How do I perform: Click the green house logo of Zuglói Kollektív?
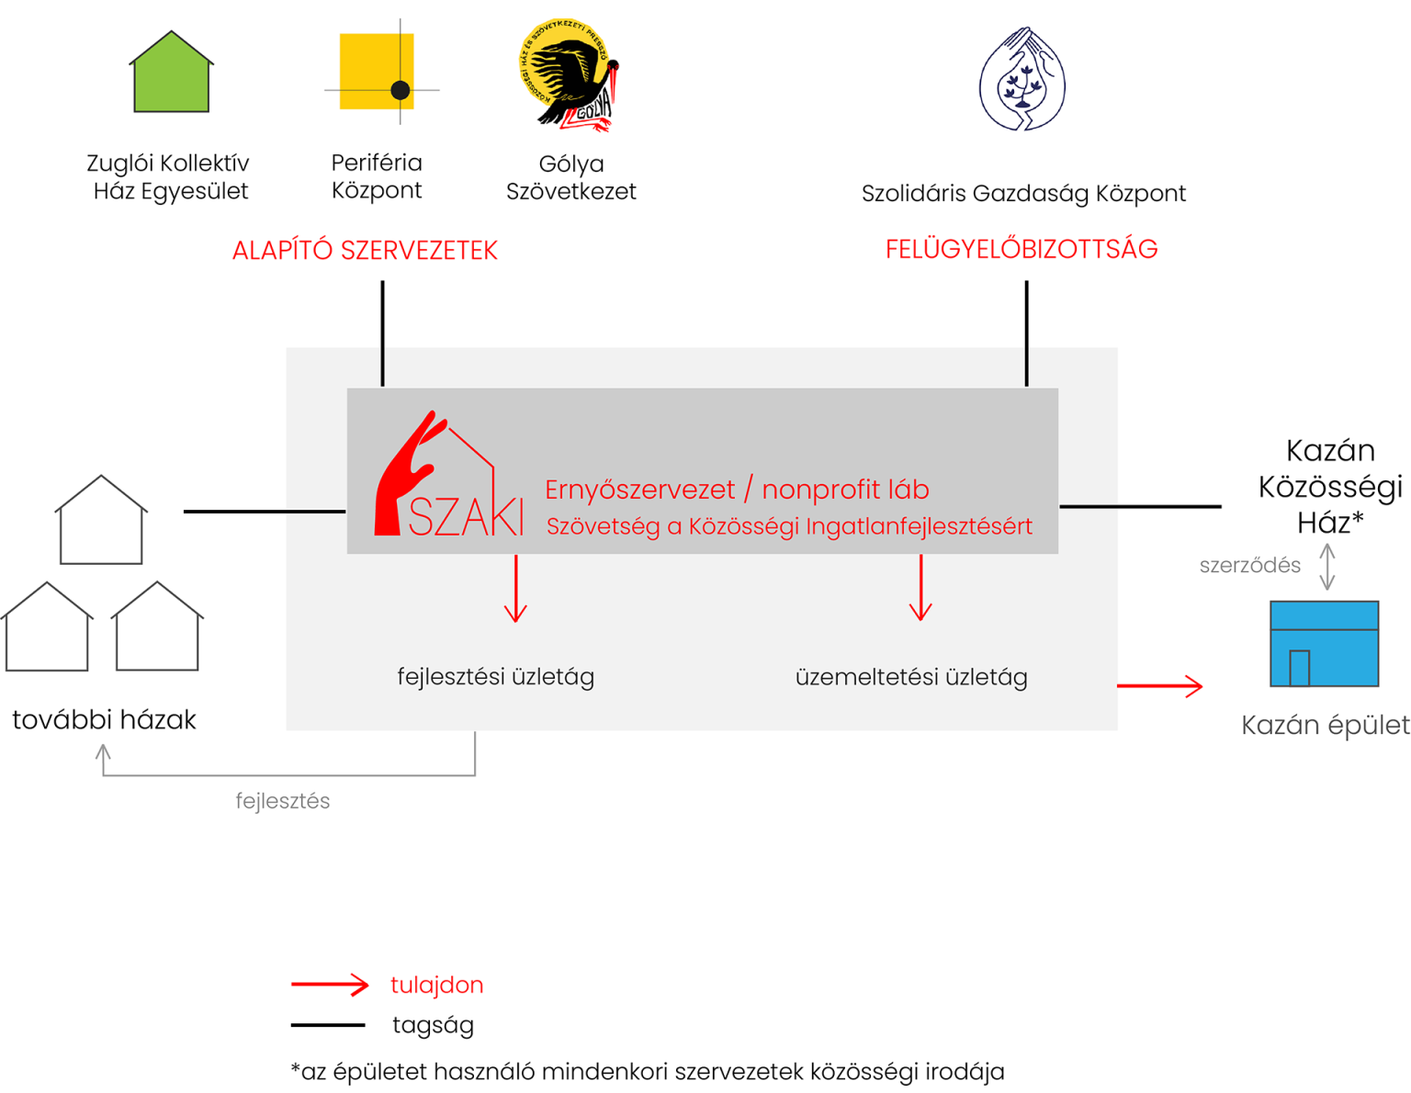[172, 73]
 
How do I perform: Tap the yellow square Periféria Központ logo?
[378, 73]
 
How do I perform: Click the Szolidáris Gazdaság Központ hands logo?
[1022, 80]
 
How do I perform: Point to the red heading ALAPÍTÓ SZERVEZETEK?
[365, 251]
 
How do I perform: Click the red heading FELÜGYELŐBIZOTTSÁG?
[1021, 250]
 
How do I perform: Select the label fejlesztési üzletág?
[495, 677]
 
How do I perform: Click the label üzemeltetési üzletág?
[911, 678]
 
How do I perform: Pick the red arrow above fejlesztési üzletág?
[516, 589]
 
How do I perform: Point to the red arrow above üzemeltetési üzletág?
[920, 589]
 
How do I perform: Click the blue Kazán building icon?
[1324, 644]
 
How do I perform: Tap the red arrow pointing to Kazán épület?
[1160, 685]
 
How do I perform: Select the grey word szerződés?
[1249, 566]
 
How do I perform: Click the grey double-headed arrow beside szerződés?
[1327, 567]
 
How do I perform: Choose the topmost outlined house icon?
[101, 521]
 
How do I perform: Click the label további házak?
[104, 720]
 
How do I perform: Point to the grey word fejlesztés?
[282, 801]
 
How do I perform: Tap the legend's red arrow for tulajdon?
[330, 986]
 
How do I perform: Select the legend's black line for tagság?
[328, 1025]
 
